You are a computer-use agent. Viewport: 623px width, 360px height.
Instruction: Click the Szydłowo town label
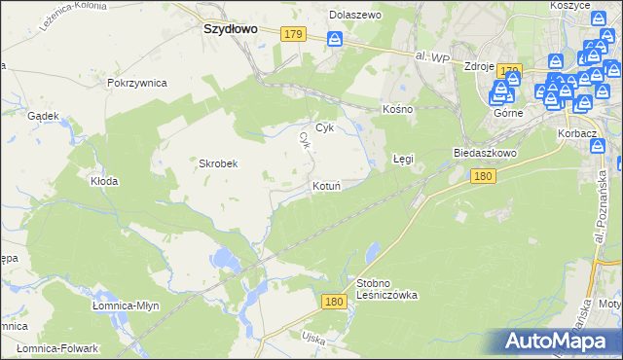tap(230, 29)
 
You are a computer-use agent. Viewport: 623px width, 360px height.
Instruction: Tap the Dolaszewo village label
tap(355, 16)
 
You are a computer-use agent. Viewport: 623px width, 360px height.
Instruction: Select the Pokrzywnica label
tap(136, 84)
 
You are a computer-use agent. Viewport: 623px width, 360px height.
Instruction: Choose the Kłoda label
tap(104, 181)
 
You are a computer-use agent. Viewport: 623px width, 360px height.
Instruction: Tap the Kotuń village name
tap(325, 186)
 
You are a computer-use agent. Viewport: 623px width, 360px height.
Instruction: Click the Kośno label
tap(398, 109)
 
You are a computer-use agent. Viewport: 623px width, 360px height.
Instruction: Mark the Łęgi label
tap(403, 158)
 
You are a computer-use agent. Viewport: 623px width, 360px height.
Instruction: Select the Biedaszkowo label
tap(485, 154)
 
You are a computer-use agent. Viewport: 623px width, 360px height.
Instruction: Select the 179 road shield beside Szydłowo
tap(293, 34)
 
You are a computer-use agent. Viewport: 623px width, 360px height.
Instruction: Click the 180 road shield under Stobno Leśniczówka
tap(335, 303)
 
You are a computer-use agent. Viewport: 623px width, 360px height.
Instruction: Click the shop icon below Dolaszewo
tap(335, 40)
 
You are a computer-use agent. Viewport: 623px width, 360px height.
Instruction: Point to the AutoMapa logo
tap(559, 341)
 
